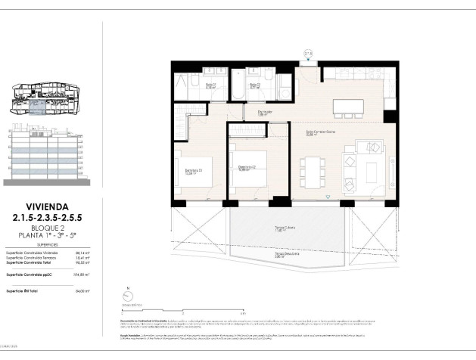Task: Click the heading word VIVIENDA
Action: tap(47, 205)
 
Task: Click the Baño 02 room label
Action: tap(256, 85)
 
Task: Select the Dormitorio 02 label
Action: tap(244, 169)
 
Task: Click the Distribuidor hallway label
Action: tap(266, 114)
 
